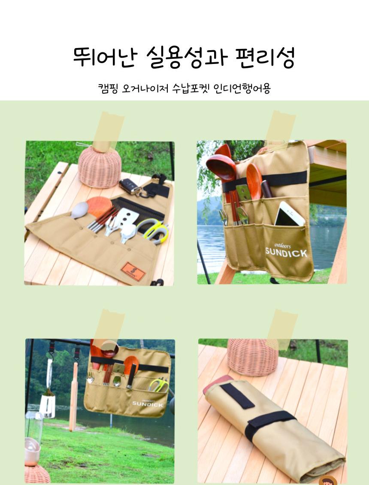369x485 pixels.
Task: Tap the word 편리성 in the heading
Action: [265, 58]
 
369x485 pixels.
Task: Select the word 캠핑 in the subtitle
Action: [108, 88]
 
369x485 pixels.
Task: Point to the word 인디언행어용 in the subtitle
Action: [242, 88]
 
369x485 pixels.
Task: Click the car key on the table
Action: [130, 186]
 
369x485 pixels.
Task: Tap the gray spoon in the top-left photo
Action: [79, 210]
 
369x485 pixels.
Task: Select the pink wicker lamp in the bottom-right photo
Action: [253, 357]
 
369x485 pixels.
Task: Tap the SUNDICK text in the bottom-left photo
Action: [147, 404]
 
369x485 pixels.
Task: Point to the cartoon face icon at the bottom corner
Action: [328, 480]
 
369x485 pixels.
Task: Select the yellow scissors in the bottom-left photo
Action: [159, 385]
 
